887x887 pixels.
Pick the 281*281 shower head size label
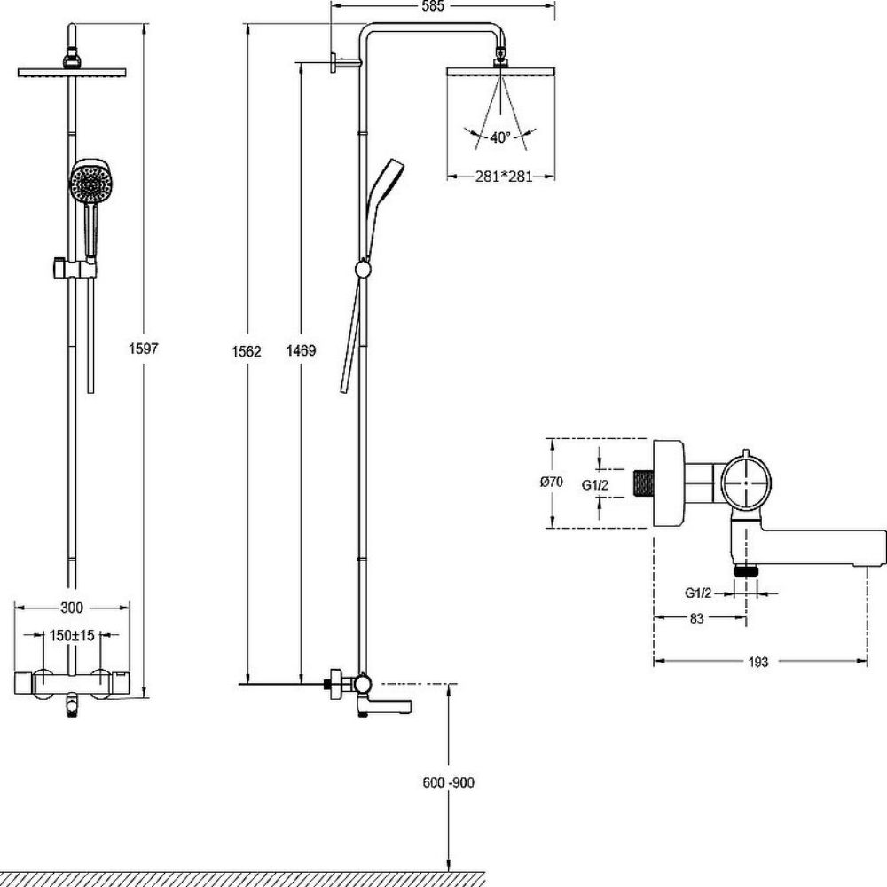point(502,177)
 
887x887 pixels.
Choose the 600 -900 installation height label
point(451,782)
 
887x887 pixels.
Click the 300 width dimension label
point(72,608)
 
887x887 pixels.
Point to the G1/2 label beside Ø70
point(594,483)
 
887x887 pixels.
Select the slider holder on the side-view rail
point(362,269)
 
